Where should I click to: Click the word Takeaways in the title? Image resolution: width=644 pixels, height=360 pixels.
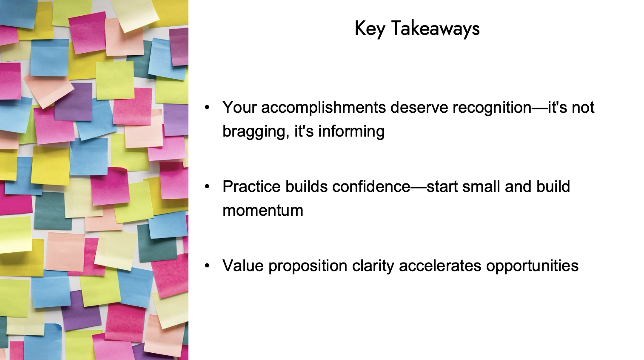pos(435,29)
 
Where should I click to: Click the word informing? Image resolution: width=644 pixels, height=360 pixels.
pos(351,131)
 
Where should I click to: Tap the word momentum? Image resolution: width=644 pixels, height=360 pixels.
pos(262,210)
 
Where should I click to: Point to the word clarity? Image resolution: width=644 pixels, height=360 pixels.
pos(373,266)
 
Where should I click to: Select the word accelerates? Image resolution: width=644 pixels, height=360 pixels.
pos(440,266)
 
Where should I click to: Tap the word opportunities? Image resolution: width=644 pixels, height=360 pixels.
pos(532,266)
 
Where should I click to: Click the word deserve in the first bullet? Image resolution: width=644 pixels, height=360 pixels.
pos(419,107)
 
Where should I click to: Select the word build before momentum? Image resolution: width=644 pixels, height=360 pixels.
pos(553,186)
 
